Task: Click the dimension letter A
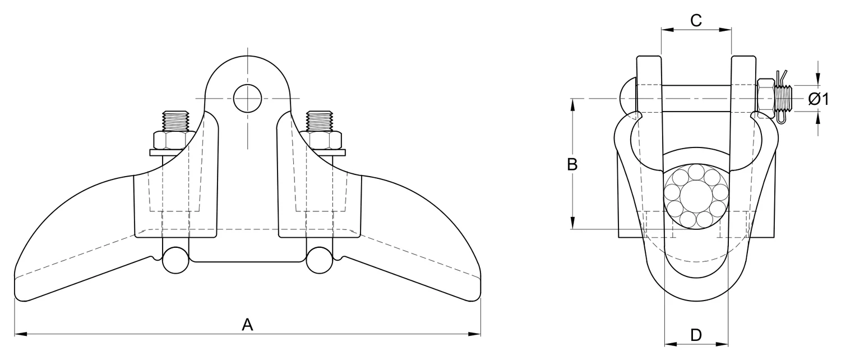[247, 324]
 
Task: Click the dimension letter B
[572, 164]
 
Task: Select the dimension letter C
[696, 20]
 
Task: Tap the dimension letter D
[696, 335]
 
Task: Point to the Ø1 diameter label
[819, 99]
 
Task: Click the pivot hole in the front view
[247, 98]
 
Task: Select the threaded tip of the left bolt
[175, 121]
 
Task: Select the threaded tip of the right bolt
[320, 121]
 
